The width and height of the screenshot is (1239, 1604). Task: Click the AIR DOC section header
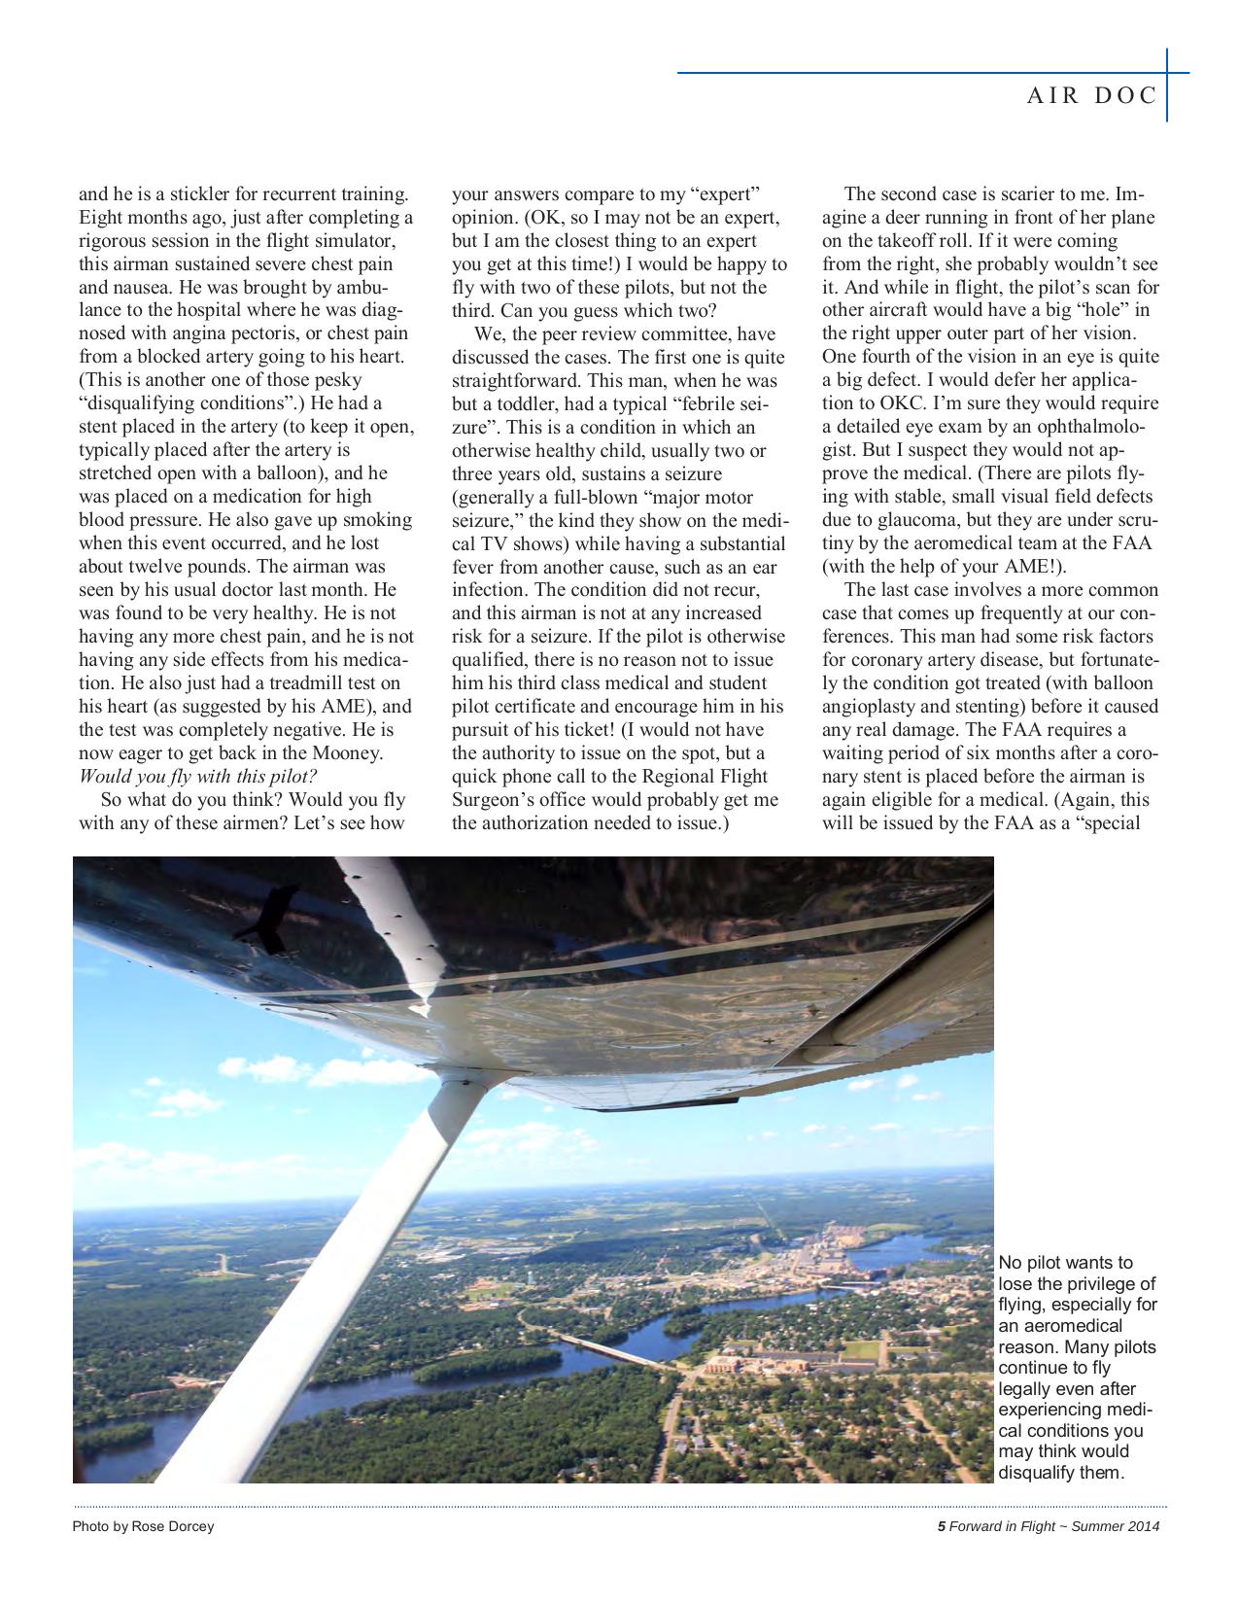tap(1091, 95)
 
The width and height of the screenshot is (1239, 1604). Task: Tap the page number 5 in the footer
tap(941, 1526)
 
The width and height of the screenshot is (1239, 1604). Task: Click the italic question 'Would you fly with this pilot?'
tap(197, 777)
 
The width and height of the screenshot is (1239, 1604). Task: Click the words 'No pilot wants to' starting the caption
tap(1065, 1263)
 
